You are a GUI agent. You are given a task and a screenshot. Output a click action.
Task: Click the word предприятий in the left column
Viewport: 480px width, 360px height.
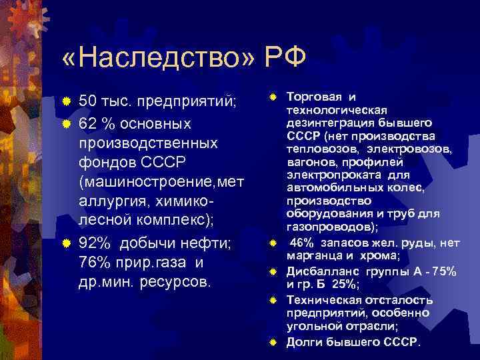click(x=181, y=102)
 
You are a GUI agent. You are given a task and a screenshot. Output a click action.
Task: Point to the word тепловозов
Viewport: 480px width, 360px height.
click(x=317, y=149)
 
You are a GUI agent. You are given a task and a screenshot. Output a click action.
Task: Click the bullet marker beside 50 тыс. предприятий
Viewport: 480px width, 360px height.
click(x=67, y=102)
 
